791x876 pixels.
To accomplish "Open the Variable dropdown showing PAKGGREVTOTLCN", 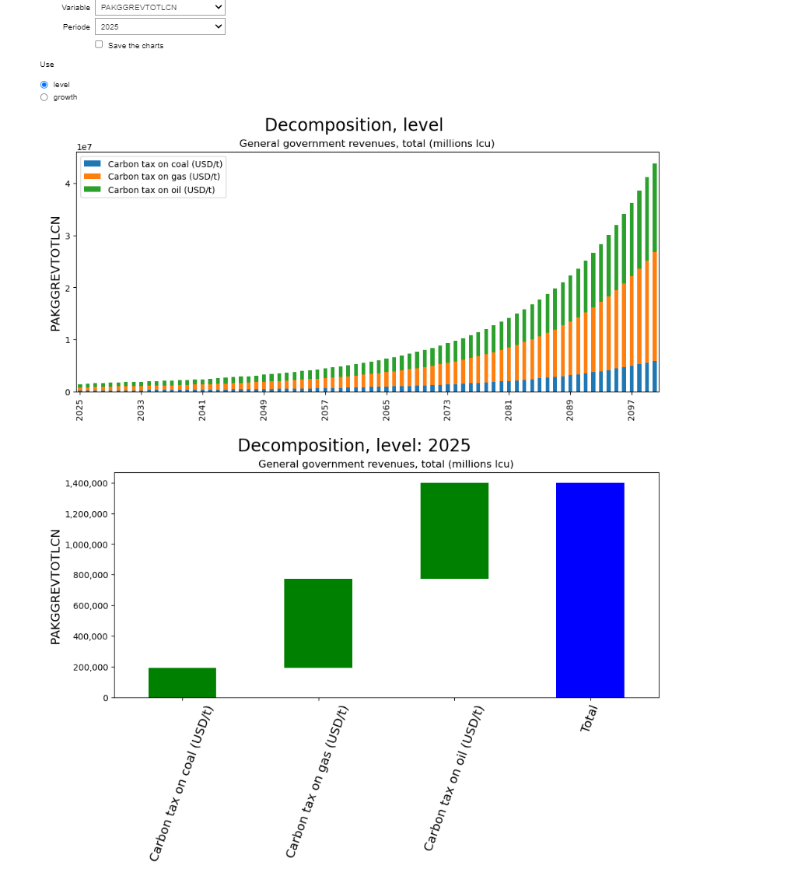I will [159, 7].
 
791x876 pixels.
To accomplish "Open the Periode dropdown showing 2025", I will [159, 26].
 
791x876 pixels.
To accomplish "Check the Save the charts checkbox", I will [99, 44].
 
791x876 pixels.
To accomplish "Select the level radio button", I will [44, 84].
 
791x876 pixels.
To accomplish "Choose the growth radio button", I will [44, 97].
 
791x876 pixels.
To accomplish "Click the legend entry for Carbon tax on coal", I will [164, 163].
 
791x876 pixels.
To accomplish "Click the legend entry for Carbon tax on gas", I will [163, 177].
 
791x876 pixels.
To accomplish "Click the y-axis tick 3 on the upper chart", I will [68, 236].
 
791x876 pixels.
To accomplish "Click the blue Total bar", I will [590, 590].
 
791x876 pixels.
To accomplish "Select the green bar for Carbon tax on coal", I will [182, 682].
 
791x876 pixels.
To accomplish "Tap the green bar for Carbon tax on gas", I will [318, 623].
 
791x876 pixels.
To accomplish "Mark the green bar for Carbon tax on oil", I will [454, 531].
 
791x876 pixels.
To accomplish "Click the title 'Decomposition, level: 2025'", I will [354, 446].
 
